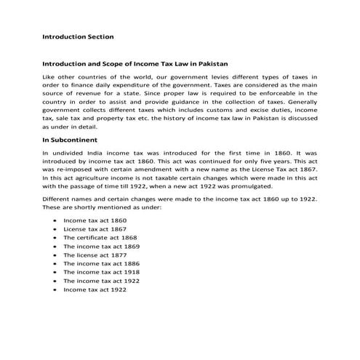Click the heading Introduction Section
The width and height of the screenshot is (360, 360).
click(x=78, y=35)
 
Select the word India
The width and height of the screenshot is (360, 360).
click(x=95, y=153)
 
